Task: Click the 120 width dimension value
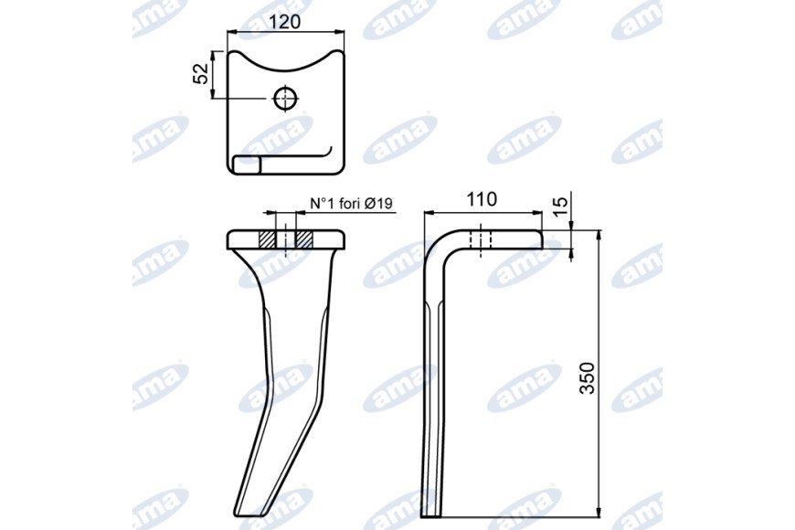click(x=284, y=22)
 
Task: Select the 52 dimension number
click(x=202, y=74)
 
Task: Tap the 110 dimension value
click(x=482, y=200)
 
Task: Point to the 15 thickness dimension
click(x=559, y=207)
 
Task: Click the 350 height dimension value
click(x=588, y=377)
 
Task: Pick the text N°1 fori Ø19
click(x=352, y=204)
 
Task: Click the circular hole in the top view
click(x=285, y=98)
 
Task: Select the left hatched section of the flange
click(x=267, y=239)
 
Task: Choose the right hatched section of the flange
click(x=304, y=239)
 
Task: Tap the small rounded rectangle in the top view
click(x=247, y=164)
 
